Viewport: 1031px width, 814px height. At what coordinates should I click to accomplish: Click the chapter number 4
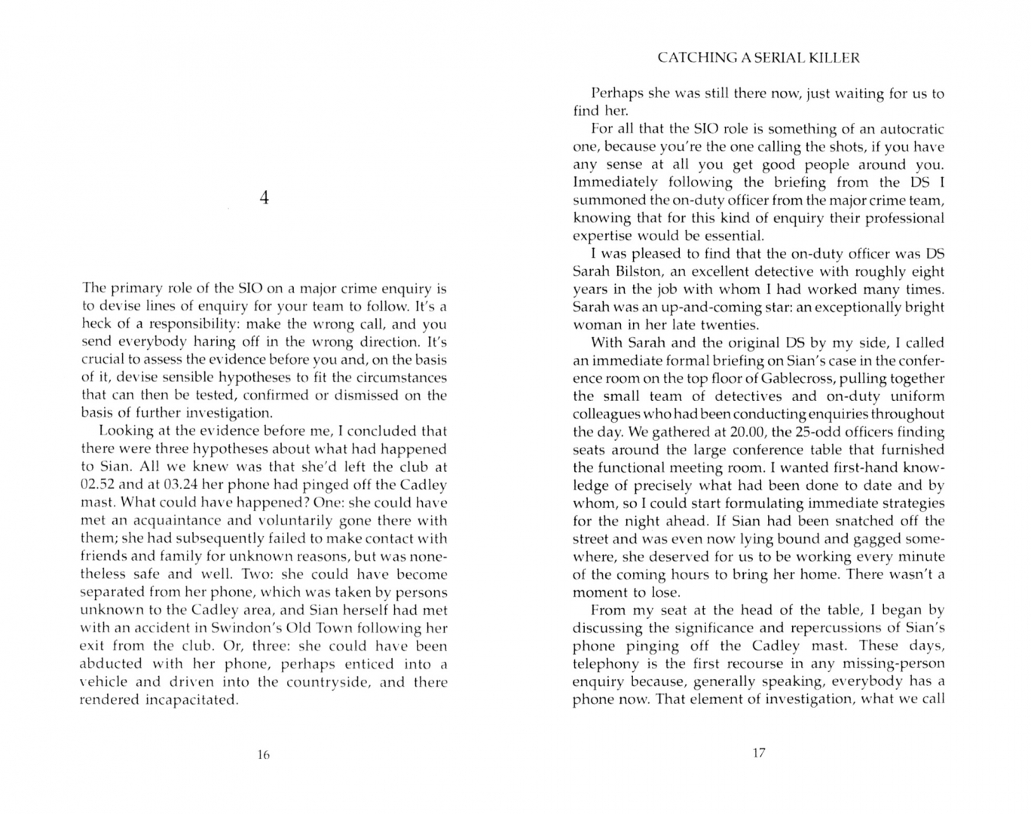[264, 198]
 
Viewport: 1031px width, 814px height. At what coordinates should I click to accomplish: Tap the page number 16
[263, 754]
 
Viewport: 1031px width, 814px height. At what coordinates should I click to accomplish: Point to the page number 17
[759, 753]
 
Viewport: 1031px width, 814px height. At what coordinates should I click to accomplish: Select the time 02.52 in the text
[97, 485]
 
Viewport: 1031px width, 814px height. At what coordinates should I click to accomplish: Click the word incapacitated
[191, 699]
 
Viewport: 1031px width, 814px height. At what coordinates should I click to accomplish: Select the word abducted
[111, 663]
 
